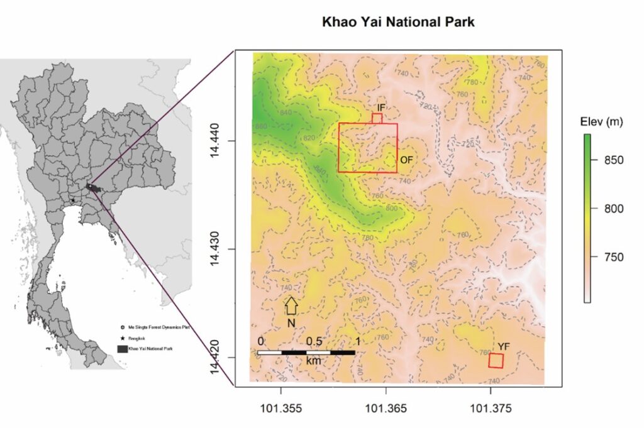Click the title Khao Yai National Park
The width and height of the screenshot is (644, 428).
[399, 22]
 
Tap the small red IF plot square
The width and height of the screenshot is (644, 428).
[377, 118]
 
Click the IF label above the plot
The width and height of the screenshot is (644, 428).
[381, 108]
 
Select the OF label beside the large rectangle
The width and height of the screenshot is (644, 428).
[406, 160]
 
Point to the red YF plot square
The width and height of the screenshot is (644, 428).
[496, 361]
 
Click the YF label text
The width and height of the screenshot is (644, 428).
[504, 346]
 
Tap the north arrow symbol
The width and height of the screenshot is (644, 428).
[291, 305]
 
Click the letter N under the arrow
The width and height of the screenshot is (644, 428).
[291, 323]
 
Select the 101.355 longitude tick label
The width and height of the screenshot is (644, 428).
[281, 409]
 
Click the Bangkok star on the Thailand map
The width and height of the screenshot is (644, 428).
[73, 200]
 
